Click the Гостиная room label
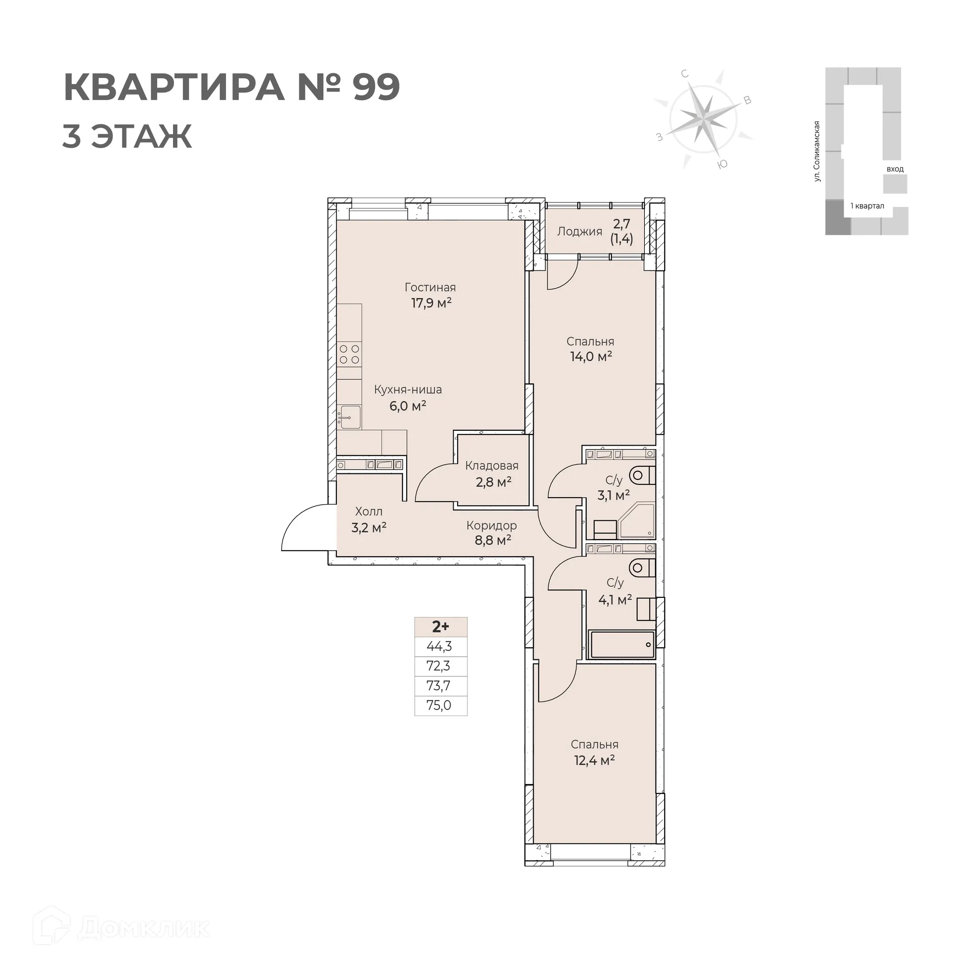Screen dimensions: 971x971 [430, 287]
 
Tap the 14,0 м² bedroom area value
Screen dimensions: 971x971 [591, 357]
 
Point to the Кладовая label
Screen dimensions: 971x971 [492, 465]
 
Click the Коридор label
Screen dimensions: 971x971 [491, 525]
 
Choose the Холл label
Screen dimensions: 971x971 [369, 511]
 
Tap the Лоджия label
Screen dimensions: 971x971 [580, 232]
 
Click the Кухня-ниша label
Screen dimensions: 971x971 [408, 389]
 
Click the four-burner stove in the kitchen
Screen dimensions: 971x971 [349, 354]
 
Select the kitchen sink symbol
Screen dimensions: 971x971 [349, 417]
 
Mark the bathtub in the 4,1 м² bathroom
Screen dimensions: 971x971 [622, 644]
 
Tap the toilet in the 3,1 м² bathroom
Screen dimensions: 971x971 [642, 475]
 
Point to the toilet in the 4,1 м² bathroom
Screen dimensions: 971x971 [642, 567]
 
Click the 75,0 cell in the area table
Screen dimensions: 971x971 [439, 705]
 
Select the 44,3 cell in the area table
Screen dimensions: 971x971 [439, 646]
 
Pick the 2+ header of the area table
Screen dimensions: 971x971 [440, 627]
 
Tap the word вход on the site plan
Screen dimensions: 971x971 [895, 169]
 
